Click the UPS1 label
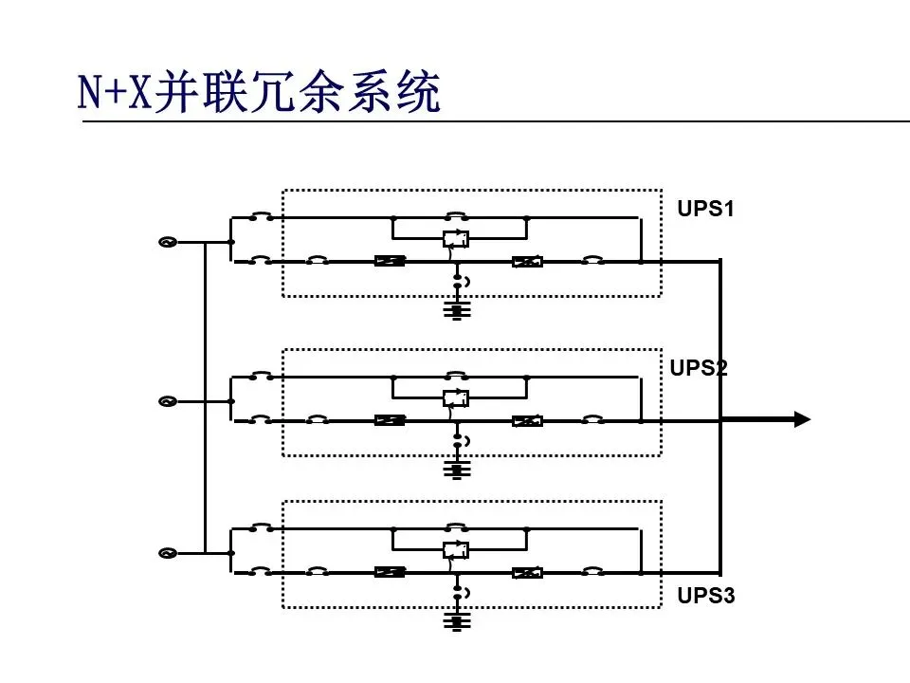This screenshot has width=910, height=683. tap(705, 209)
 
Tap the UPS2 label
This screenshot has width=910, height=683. tap(699, 368)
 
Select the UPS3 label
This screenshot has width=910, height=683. tap(705, 597)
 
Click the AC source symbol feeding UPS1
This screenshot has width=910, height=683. tap(168, 242)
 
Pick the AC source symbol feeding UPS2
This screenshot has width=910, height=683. tap(168, 401)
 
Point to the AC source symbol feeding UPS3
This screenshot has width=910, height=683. tap(168, 553)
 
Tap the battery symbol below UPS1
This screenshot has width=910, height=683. tap(458, 310)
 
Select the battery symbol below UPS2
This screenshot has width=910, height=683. tap(458, 469)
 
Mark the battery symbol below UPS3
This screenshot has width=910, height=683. tap(458, 621)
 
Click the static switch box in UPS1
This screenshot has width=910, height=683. tap(456, 239)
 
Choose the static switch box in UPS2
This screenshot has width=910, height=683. tap(456, 398)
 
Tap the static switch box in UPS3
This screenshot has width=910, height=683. tap(456, 550)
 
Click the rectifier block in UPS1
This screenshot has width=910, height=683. tap(390, 261)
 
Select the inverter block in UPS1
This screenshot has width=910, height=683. tap(527, 261)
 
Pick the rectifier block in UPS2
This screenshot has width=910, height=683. tap(390, 420)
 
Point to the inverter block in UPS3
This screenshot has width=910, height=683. tap(527, 572)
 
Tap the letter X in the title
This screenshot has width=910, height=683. tap(139, 94)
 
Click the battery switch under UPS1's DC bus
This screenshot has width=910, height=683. tap(458, 282)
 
